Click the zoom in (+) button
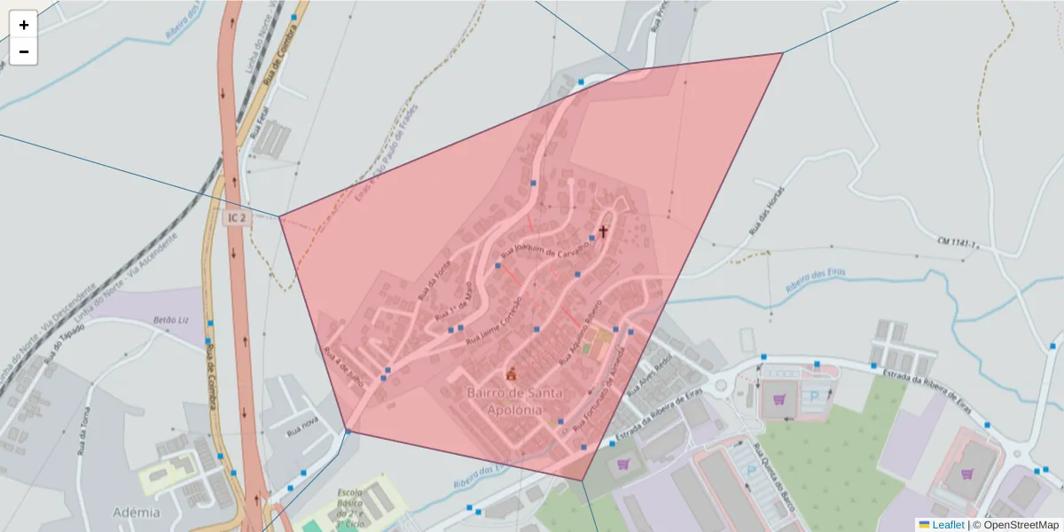coord(24,25)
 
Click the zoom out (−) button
coord(24,51)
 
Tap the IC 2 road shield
coord(234,217)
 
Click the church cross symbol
coord(603,231)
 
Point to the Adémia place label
coord(137,512)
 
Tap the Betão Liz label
coord(173,319)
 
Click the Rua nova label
coord(302,428)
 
